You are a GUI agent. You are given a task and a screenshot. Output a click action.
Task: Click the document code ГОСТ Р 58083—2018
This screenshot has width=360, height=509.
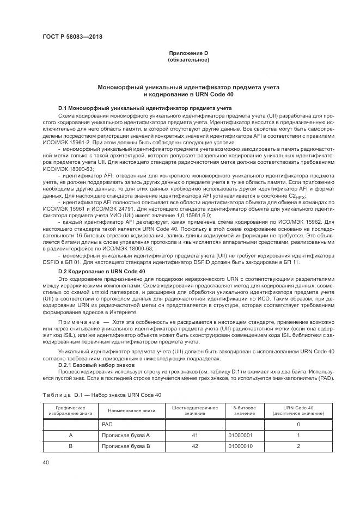coord(72,36)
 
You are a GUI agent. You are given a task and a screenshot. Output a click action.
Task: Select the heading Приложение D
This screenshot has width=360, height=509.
coord(188,53)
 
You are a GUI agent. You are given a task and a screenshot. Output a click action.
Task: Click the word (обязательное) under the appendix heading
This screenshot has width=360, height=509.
coord(188,59)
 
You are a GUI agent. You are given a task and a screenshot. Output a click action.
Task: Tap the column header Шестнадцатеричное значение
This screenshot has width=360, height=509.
coord(195,410)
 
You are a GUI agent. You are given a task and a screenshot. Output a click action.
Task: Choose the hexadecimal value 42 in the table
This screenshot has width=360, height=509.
coord(195,446)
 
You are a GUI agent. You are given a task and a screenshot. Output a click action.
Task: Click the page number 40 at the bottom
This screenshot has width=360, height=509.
coord(46,463)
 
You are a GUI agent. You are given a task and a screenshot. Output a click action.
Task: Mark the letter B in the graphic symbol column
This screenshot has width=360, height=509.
coord(70,446)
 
